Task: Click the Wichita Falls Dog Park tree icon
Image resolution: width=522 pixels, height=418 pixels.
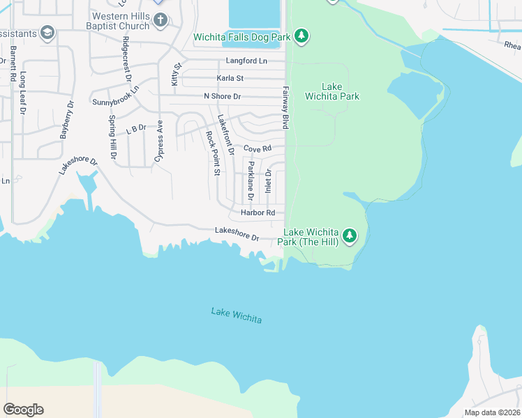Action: click(301, 36)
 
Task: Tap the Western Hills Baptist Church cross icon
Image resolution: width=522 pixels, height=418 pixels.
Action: click(161, 20)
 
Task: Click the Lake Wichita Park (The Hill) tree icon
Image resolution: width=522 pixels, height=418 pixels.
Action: click(350, 236)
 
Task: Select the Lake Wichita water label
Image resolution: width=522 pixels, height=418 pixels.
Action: click(237, 315)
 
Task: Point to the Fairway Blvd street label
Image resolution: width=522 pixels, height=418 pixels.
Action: click(285, 107)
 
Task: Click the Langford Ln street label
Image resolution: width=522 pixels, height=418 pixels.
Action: click(246, 61)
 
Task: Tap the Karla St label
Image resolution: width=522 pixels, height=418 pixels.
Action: click(230, 79)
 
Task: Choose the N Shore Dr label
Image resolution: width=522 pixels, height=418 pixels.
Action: click(222, 96)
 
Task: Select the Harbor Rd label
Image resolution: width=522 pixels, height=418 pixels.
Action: click(258, 212)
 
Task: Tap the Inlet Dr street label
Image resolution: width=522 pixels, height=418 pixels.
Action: click(268, 181)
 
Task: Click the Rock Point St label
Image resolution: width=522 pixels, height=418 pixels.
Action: click(212, 153)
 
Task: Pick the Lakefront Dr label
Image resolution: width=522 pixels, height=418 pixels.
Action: click(225, 135)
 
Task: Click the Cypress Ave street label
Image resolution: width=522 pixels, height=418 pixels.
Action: click(159, 143)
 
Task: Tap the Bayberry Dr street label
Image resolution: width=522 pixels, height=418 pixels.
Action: click(67, 121)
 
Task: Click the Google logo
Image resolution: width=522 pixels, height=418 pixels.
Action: click(23, 410)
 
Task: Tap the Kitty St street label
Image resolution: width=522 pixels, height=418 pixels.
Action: click(176, 75)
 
